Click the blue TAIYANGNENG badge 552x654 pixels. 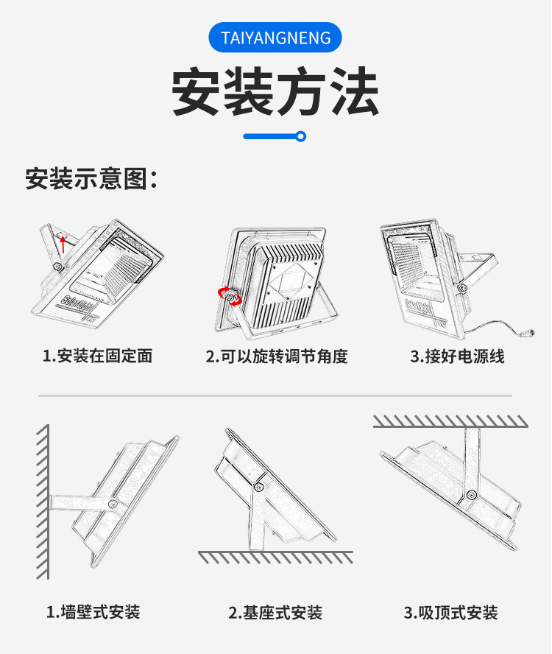(275, 38)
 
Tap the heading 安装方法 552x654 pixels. (275, 91)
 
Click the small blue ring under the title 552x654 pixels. (300, 136)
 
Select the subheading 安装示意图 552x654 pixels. (91, 178)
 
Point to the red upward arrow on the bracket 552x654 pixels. (63, 245)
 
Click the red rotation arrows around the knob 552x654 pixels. (230, 296)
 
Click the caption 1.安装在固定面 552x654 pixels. (98, 356)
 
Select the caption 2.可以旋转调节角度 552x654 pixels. (277, 356)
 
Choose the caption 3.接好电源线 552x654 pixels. (458, 356)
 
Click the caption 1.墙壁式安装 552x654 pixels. (93, 612)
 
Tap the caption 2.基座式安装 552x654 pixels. (275, 613)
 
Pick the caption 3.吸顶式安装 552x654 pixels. (450, 613)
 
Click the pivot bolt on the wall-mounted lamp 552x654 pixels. (113, 504)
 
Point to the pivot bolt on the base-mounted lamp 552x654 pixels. (259, 487)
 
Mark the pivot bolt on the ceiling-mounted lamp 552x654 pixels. (472, 494)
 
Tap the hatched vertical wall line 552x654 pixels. (43, 502)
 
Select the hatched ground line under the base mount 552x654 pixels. (275, 557)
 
